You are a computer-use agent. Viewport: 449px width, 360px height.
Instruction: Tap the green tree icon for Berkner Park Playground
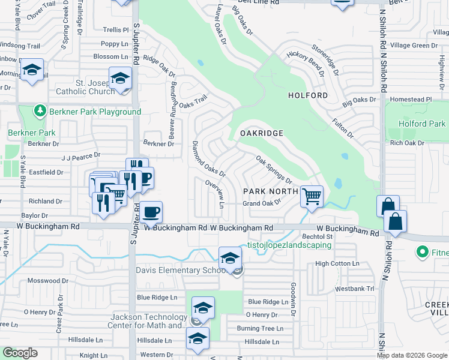[40, 111]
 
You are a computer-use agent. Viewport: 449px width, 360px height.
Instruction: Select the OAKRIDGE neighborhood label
[261, 133]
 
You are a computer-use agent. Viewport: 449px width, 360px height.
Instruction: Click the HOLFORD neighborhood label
[308, 95]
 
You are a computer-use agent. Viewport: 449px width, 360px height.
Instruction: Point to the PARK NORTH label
[270, 191]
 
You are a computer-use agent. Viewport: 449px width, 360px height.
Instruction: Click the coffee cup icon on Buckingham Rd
[152, 211]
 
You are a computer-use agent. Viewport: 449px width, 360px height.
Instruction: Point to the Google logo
[20, 352]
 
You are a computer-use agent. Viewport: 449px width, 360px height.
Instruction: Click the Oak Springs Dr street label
[274, 170]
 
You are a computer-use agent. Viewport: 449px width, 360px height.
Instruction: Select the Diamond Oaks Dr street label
[208, 158]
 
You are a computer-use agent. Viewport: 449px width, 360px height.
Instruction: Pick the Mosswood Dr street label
[49, 281]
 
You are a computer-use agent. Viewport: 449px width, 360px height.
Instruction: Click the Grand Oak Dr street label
[262, 203]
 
